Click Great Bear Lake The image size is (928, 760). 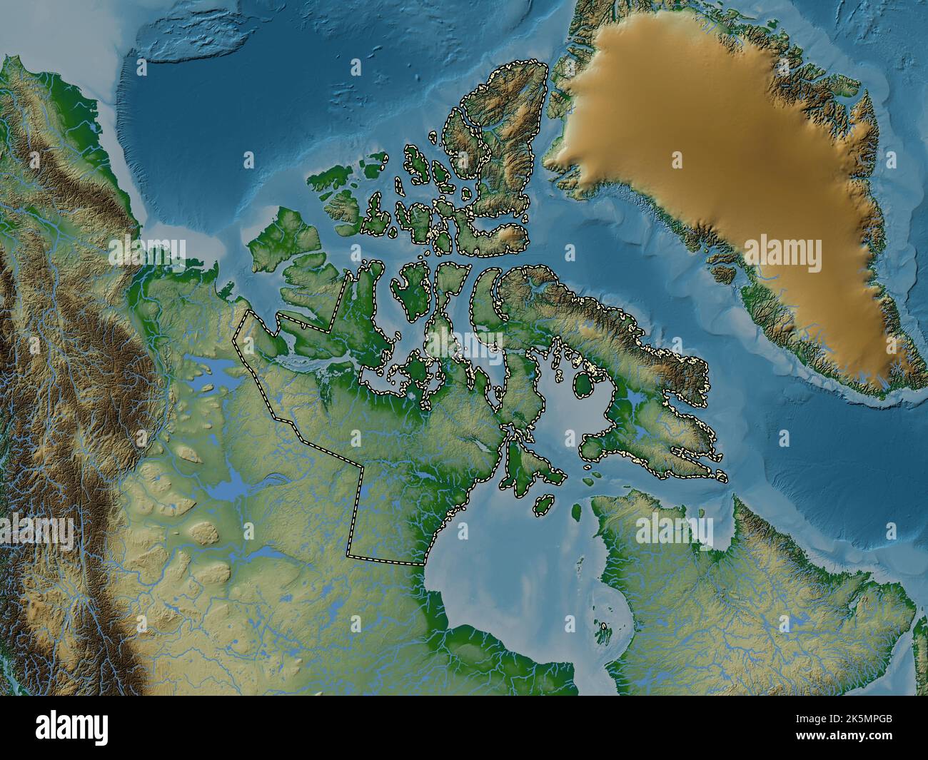tap(214, 372)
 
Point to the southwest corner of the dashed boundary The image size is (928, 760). tap(348, 555)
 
